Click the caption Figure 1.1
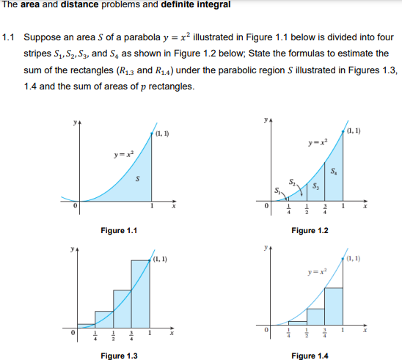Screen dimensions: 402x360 pyautogui.click(x=119, y=231)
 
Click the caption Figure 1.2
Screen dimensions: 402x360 pyautogui.click(x=310, y=231)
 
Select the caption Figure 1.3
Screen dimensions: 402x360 pyautogui.click(x=119, y=356)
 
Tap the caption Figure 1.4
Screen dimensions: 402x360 pyautogui.click(x=310, y=356)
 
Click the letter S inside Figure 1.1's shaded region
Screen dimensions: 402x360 pyautogui.click(x=137, y=178)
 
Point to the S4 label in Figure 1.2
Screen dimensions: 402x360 pyautogui.click(x=334, y=172)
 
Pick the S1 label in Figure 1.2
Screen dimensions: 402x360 pyautogui.click(x=277, y=193)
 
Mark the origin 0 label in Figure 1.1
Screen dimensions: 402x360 pyautogui.click(x=74, y=207)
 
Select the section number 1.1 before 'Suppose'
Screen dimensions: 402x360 pyautogui.click(x=10, y=36)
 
